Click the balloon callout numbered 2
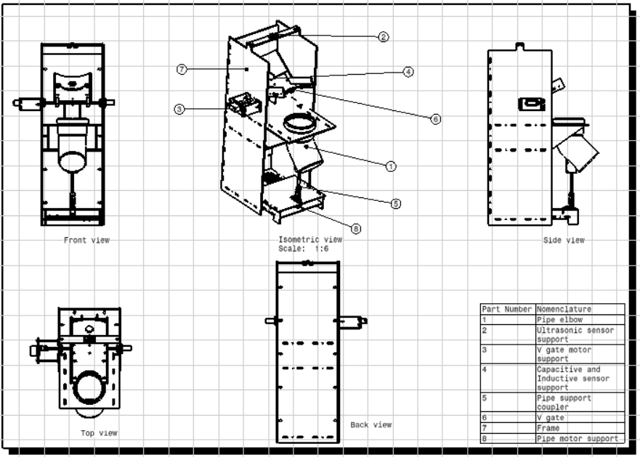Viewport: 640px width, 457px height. point(383,37)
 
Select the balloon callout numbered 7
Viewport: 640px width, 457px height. point(182,70)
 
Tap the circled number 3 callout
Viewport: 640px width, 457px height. point(179,110)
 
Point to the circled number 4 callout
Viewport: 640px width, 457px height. point(408,72)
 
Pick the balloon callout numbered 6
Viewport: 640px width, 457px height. point(436,119)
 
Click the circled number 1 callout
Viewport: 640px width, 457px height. point(391,166)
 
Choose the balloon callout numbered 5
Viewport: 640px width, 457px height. point(395,203)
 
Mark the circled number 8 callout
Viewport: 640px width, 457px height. point(356,228)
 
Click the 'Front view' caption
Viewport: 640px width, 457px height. point(86,240)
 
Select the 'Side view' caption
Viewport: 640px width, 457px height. point(564,240)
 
